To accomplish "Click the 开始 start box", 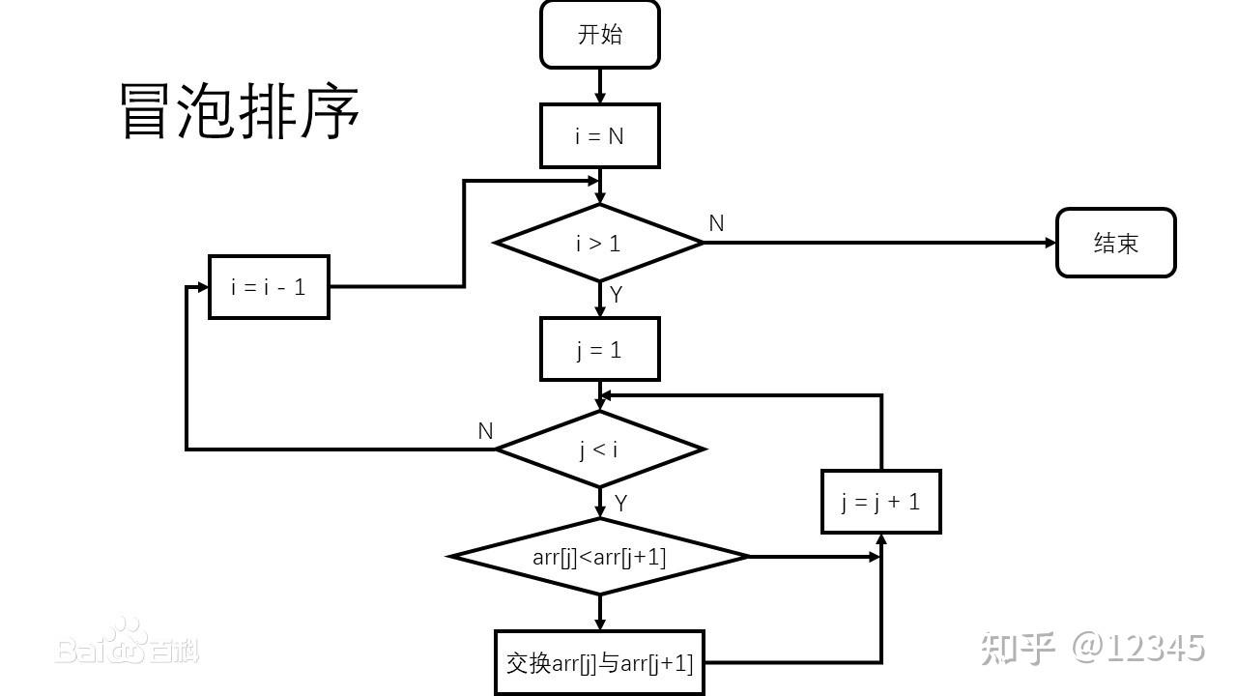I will pyautogui.click(x=599, y=35).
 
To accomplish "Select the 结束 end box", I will pyautogui.click(x=1115, y=243).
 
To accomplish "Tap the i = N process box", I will pyautogui.click(x=599, y=136).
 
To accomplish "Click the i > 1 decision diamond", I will pyautogui.click(x=599, y=243).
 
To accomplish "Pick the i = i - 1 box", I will pyautogui.click(x=269, y=287).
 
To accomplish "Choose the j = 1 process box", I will pyautogui.click(x=599, y=349).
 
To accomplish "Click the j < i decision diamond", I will pyautogui.click(x=599, y=449).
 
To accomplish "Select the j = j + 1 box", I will pyautogui.click(x=880, y=502).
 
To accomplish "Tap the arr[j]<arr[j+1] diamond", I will pyautogui.click(x=599, y=557).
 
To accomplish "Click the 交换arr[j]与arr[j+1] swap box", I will pyautogui.click(x=599, y=663).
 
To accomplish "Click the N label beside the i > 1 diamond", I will pyautogui.click(x=716, y=223).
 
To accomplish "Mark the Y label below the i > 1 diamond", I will pyautogui.click(x=616, y=295).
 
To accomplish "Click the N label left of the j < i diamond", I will pyautogui.click(x=485, y=431).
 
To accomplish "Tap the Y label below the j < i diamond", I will pyautogui.click(x=620, y=503).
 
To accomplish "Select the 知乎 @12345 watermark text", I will pyautogui.click(x=1093, y=648).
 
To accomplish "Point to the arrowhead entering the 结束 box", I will pyautogui.click(x=1050, y=243).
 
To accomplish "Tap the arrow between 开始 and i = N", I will pyautogui.click(x=599, y=87).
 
